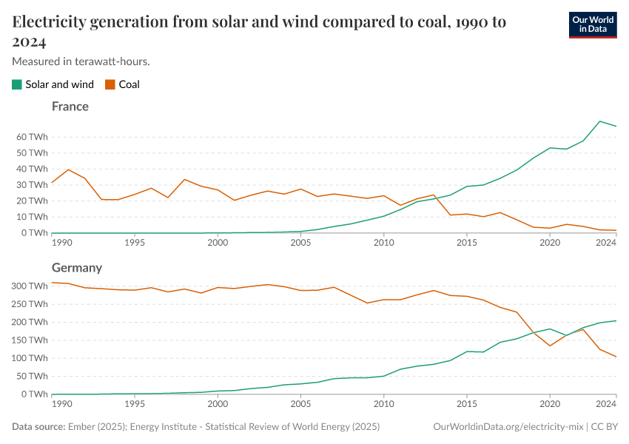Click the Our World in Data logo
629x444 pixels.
[592, 24]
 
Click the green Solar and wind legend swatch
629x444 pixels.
[17, 84]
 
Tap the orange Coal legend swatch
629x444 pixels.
[110, 84]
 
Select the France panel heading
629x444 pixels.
[70, 107]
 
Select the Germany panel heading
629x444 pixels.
[77, 268]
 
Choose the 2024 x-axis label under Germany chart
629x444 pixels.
[606, 404]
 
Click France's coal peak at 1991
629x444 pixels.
[68, 169]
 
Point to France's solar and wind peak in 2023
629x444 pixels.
[599, 121]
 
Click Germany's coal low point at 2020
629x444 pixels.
[550, 346]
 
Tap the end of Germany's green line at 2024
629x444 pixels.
[616, 320]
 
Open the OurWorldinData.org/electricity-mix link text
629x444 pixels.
[508, 427]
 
